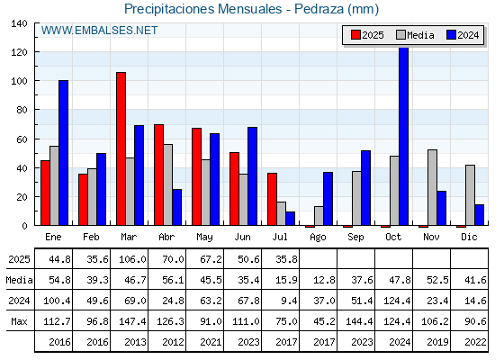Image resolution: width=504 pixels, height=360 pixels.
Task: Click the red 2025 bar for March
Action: pos(121,148)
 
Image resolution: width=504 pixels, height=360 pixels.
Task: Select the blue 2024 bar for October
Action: pos(403,136)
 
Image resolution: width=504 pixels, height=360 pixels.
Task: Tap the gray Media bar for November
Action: pos(432,187)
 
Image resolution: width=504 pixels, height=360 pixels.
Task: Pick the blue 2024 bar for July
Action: pos(290,218)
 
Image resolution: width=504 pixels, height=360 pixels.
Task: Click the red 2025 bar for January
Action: pos(45,193)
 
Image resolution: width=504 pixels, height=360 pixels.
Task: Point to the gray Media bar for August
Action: pos(319,216)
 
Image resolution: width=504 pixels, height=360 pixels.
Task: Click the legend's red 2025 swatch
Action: pos(355,35)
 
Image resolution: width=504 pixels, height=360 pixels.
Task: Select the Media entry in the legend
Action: pos(415,35)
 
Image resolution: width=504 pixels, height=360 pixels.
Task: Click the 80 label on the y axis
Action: pos(22,110)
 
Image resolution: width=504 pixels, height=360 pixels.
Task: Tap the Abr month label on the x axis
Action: pos(166,237)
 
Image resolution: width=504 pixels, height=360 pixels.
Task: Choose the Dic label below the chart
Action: pos(469,237)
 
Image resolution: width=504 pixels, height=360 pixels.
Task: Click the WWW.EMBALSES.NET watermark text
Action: pos(99,31)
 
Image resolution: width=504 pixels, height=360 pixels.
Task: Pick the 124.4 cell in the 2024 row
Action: pos(397,301)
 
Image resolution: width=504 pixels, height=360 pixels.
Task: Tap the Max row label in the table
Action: pos(19,321)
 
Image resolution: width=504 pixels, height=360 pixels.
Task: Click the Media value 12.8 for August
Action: pos(324,280)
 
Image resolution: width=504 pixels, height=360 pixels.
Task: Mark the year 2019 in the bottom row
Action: pos(437,342)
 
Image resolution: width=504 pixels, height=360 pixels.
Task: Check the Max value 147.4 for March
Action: pos(132,321)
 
